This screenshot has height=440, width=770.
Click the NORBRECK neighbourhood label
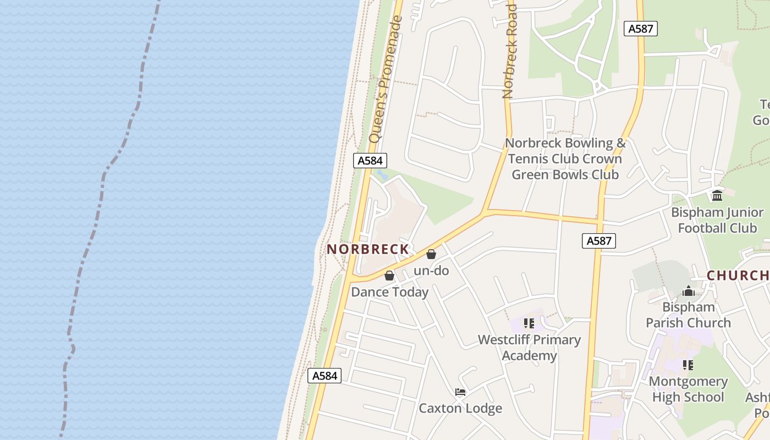coord(368,249)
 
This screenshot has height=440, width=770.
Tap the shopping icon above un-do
coord(431,254)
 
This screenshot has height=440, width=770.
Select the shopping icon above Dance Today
coord(389,276)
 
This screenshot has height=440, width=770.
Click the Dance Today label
coord(389,292)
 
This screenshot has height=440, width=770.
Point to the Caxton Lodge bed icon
coord(460,392)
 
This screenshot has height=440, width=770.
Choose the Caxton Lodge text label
coord(460,408)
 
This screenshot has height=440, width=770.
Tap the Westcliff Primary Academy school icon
coord(529,323)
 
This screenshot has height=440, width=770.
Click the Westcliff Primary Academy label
coord(529,348)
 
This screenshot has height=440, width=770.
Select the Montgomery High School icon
coord(687,365)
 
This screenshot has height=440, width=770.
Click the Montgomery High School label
coord(687,389)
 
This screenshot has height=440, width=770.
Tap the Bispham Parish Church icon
coord(689,291)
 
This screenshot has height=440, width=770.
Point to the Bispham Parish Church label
coord(689,315)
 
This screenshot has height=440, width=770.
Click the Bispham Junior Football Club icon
coord(717,196)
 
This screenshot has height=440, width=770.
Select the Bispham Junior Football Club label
coord(717,220)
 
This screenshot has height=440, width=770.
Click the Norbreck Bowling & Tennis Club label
coord(565,158)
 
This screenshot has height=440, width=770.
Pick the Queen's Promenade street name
coord(387,80)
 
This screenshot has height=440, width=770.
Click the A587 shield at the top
coord(641,29)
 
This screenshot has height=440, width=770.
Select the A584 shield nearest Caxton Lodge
coord(324,376)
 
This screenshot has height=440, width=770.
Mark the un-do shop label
coord(431,271)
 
